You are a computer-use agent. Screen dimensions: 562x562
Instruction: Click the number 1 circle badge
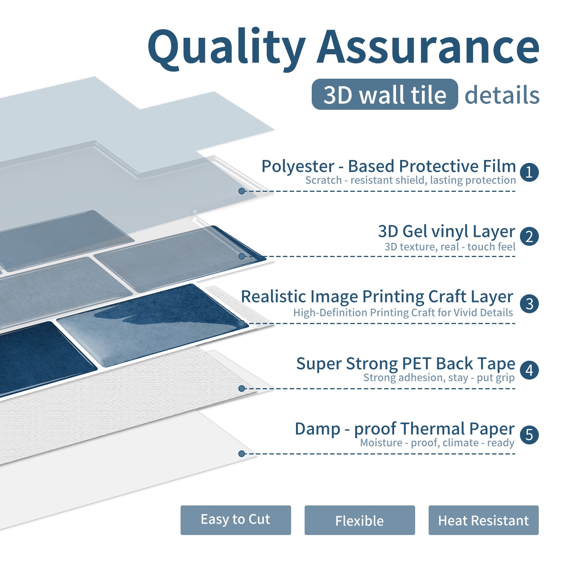(529, 172)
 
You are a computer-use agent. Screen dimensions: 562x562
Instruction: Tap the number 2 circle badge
(529, 237)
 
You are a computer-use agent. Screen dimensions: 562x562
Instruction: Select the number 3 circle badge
(529, 303)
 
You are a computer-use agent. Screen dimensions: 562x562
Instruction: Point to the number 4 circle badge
(529, 370)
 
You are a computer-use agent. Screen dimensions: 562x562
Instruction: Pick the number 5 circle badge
(529, 435)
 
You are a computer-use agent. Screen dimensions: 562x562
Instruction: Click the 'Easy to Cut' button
(236, 520)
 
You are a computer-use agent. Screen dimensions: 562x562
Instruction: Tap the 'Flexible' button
(360, 520)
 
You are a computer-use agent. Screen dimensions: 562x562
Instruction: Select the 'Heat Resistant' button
(484, 520)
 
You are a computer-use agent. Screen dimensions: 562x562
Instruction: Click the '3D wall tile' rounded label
(385, 94)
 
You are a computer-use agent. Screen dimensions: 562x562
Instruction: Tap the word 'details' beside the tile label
(502, 95)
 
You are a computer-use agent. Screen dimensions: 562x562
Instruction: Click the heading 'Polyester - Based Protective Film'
(389, 166)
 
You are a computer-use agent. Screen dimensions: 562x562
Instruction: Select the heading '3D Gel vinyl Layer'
(447, 232)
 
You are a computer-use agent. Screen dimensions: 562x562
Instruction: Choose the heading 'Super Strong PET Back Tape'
(406, 364)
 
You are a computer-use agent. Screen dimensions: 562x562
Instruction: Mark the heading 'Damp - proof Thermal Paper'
(405, 429)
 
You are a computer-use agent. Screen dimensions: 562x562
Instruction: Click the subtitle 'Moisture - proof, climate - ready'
(437, 443)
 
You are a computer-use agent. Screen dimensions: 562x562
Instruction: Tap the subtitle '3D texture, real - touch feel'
(450, 247)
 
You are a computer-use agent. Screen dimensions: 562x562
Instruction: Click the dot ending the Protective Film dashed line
(242, 191)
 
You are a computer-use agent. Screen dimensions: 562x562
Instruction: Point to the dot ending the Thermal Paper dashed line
(242, 454)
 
